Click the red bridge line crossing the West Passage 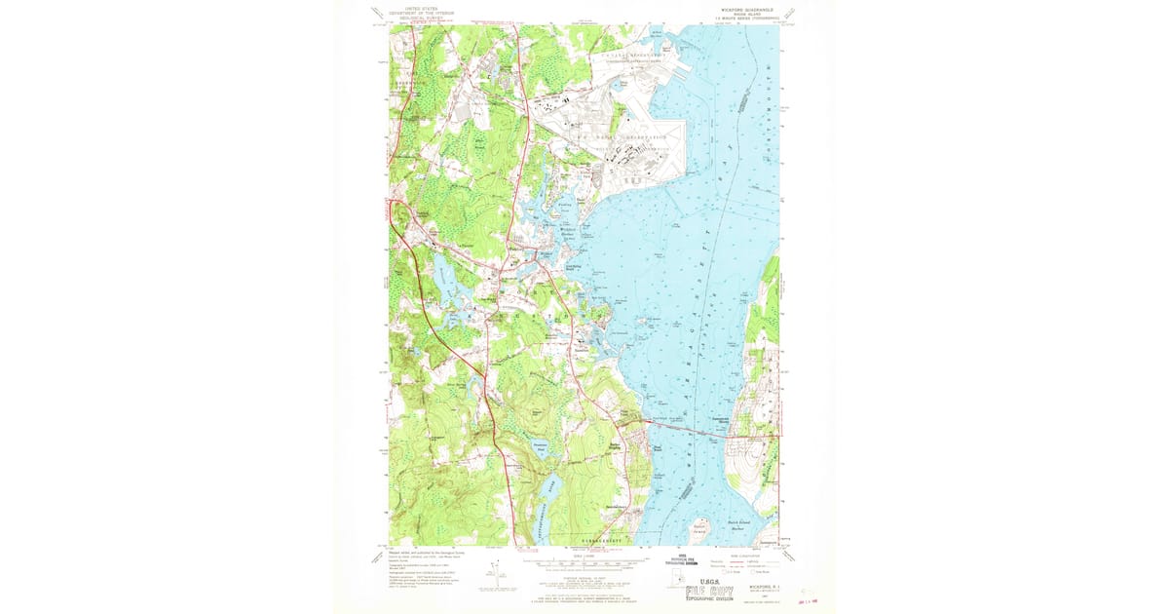(x=687, y=429)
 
